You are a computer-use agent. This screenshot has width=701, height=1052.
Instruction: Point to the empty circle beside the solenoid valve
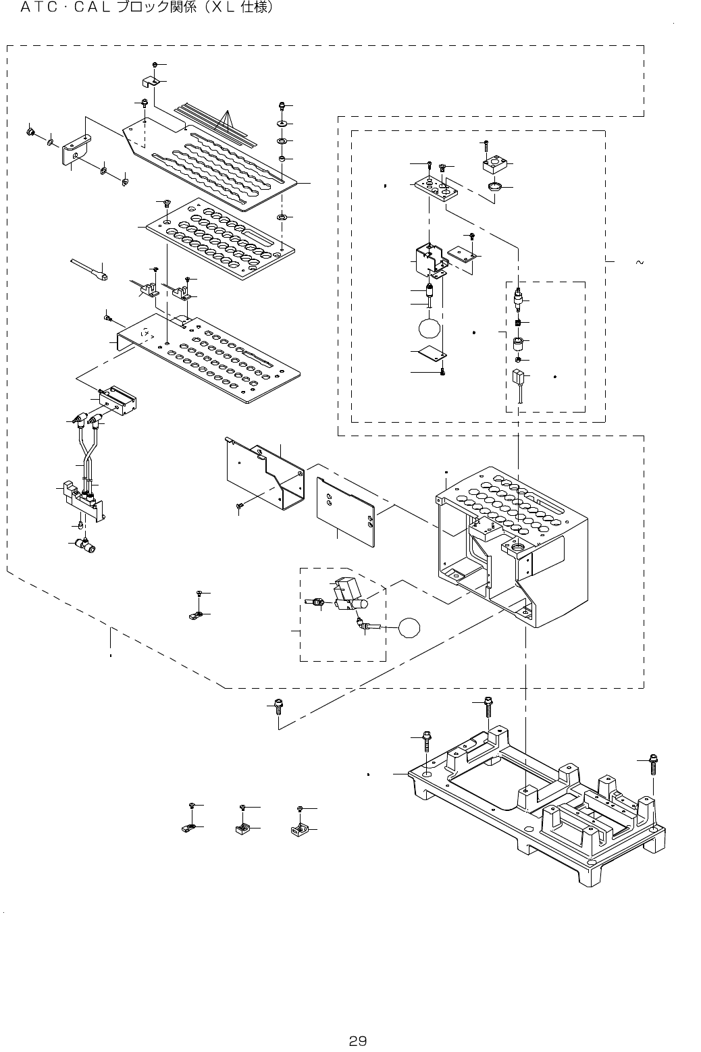(x=409, y=629)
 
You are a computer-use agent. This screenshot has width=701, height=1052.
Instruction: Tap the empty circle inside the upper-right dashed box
(x=430, y=329)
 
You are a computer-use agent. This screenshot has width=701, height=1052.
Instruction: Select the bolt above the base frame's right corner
(x=653, y=764)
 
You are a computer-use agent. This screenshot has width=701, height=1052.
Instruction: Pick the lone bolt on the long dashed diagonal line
(x=278, y=710)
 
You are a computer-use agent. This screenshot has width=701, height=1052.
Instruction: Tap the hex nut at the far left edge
(x=30, y=131)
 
